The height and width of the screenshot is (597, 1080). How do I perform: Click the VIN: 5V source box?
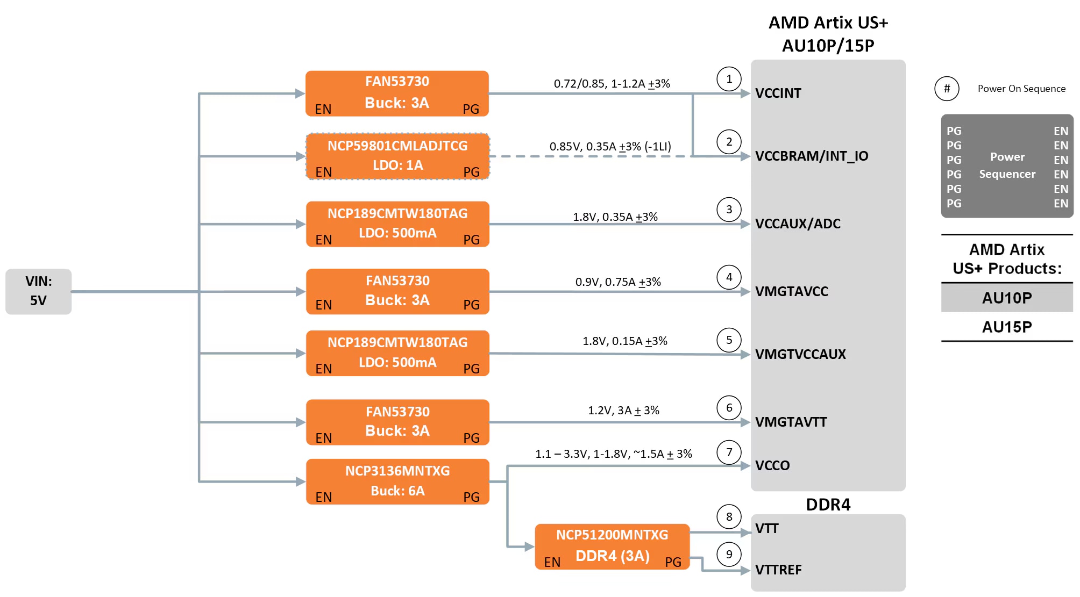pyautogui.click(x=38, y=291)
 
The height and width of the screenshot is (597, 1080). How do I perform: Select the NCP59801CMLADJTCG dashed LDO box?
pyautogui.click(x=397, y=156)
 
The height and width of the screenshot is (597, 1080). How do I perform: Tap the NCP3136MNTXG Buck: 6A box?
pyautogui.click(x=397, y=481)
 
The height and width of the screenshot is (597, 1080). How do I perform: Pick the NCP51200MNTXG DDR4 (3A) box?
pyautogui.click(x=612, y=546)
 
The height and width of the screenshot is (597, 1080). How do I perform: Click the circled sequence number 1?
pyautogui.click(x=729, y=79)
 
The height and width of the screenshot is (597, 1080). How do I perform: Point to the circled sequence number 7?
pyautogui.click(x=729, y=452)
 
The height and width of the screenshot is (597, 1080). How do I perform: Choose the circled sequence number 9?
pyautogui.click(x=729, y=554)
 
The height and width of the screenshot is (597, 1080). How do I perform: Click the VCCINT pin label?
pyautogui.click(x=778, y=93)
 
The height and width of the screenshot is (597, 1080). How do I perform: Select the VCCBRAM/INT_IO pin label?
pyautogui.click(x=812, y=156)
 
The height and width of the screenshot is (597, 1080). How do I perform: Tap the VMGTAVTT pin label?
pyautogui.click(x=791, y=422)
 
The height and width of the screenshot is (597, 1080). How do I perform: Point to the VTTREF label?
pyautogui.click(x=778, y=570)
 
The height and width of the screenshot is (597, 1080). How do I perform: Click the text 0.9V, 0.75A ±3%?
pyautogui.click(x=618, y=282)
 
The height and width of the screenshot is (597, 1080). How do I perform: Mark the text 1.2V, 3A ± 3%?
pyautogui.click(x=623, y=410)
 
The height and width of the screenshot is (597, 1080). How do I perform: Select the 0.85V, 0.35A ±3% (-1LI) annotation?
pyautogui.click(x=610, y=146)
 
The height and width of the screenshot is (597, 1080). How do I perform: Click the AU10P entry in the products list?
pyautogui.click(x=1007, y=298)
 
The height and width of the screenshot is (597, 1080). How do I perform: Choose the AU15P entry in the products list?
pyautogui.click(x=1007, y=327)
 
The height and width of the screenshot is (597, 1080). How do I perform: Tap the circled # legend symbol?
pyautogui.click(x=947, y=89)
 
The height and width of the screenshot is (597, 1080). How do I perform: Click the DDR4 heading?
pyautogui.click(x=828, y=505)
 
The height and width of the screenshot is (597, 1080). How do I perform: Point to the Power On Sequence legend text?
pyautogui.click(x=1021, y=89)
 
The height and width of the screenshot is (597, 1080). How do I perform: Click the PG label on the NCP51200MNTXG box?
pyautogui.click(x=673, y=562)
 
